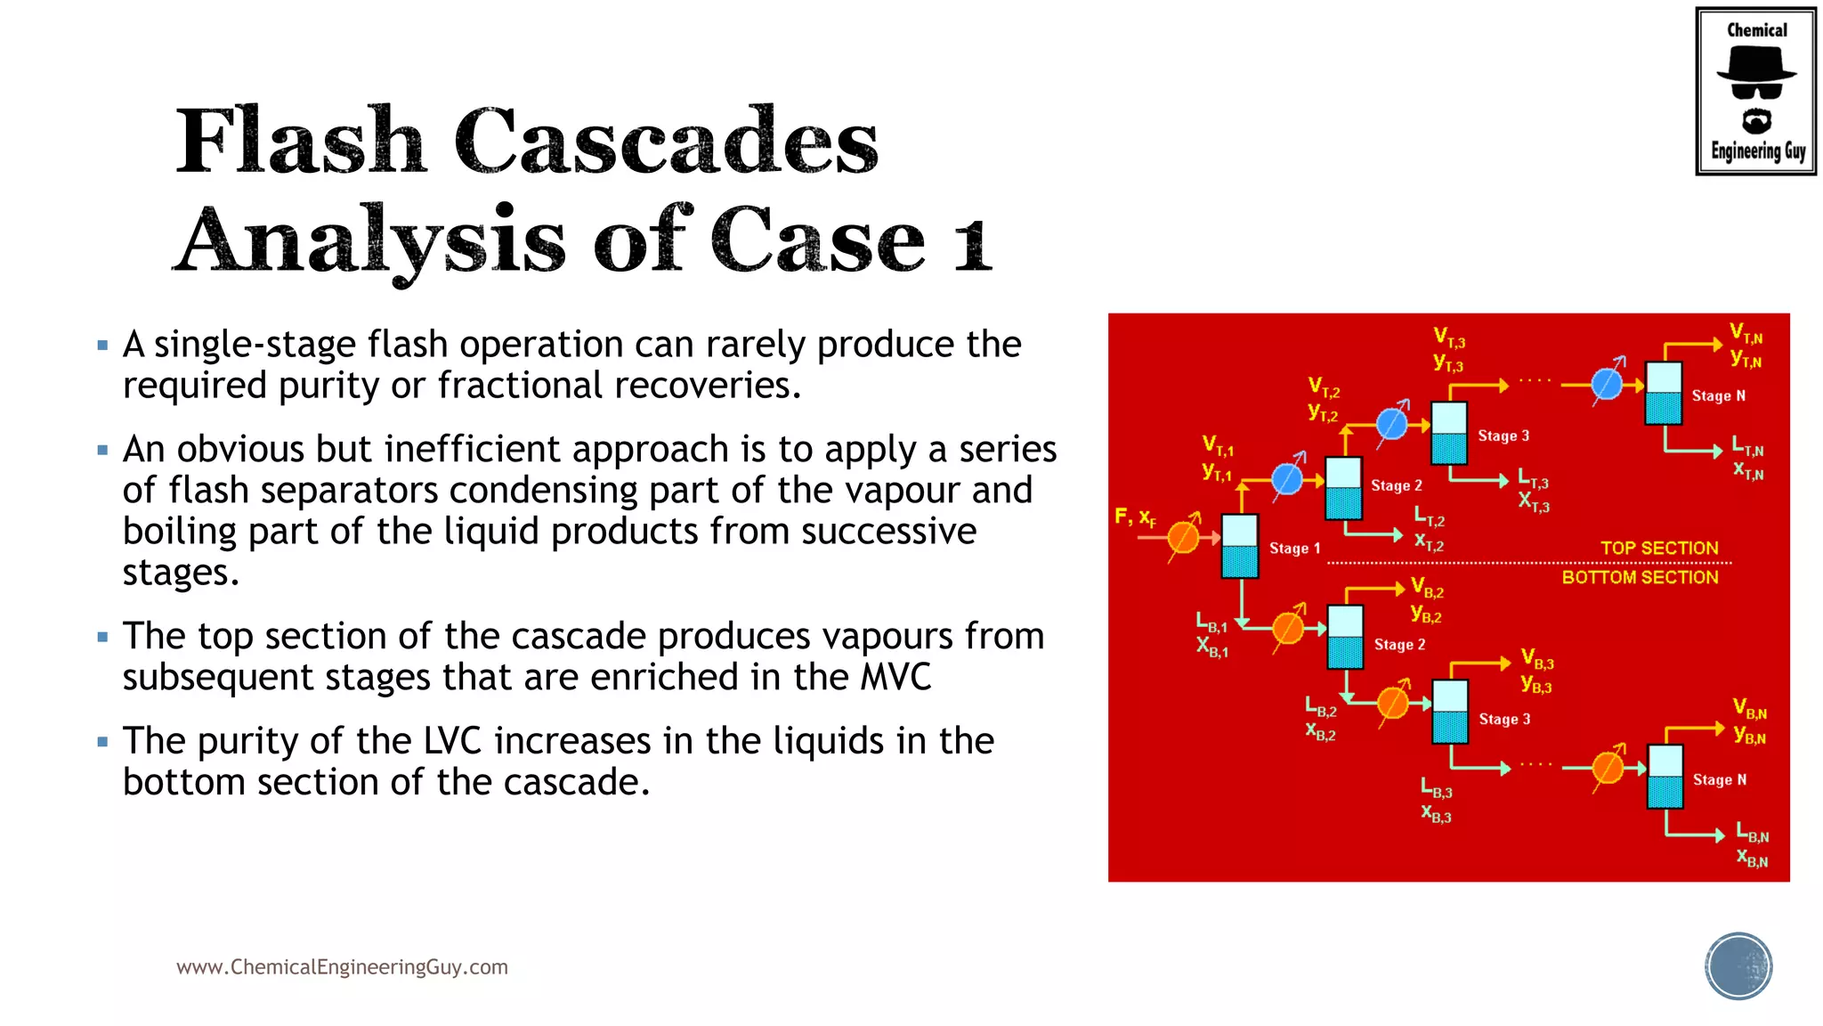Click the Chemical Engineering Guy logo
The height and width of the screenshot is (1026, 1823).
coord(1755,91)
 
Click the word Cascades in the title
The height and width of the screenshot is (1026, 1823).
coord(666,142)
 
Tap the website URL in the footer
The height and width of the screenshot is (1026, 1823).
coord(342,967)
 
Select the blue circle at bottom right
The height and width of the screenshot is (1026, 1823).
coord(1738,966)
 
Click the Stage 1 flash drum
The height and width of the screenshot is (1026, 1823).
coord(1239,546)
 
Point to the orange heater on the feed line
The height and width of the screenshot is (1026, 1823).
coord(1183,537)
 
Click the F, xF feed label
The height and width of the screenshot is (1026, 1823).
coord(1135,517)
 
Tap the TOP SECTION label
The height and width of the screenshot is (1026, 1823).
coord(1659,548)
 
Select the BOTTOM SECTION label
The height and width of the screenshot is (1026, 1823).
coord(1640,577)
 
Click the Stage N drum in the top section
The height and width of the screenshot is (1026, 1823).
coord(1664,393)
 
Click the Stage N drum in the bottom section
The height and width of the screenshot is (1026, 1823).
coord(1665,776)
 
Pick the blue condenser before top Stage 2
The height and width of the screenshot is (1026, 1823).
coord(1287,479)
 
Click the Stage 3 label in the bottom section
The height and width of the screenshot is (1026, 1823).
coord(1504,719)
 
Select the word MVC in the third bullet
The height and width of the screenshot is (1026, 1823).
coord(895,677)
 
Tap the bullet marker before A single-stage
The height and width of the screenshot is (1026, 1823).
coord(102,345)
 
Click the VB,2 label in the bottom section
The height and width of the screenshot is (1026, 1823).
coord(1427,588)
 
